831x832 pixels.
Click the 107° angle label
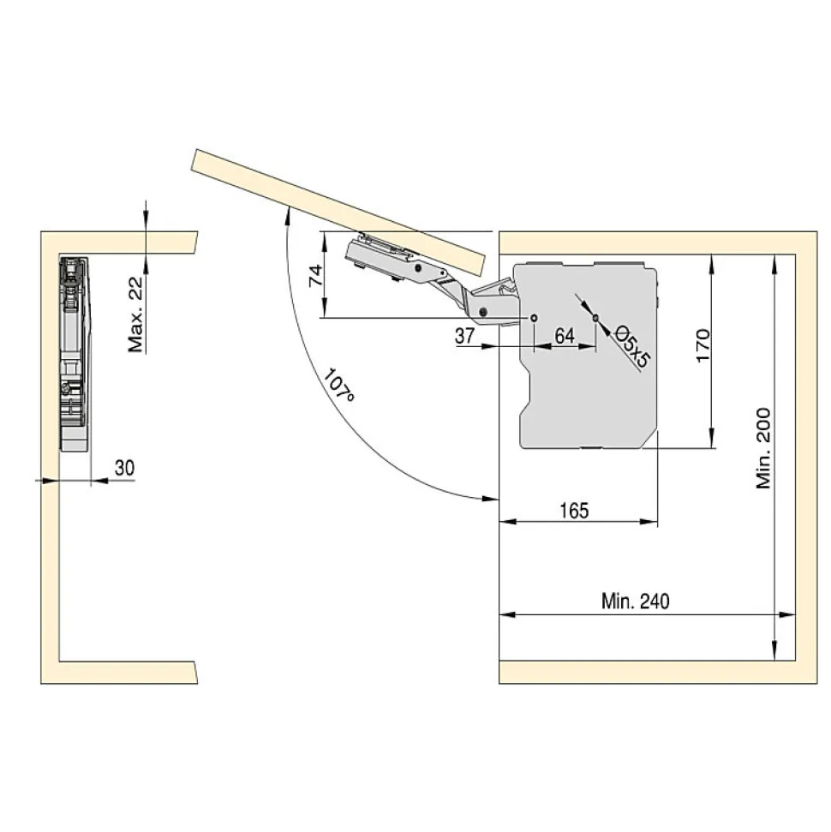338,385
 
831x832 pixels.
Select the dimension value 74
316,276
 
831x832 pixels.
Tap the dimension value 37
465,336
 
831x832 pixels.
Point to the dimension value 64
565,336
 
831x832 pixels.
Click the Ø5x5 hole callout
632,348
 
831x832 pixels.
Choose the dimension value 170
702,345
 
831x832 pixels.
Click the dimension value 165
574,511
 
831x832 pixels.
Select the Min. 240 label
635,602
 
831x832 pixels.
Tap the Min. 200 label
763,448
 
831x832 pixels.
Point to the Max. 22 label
136,314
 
